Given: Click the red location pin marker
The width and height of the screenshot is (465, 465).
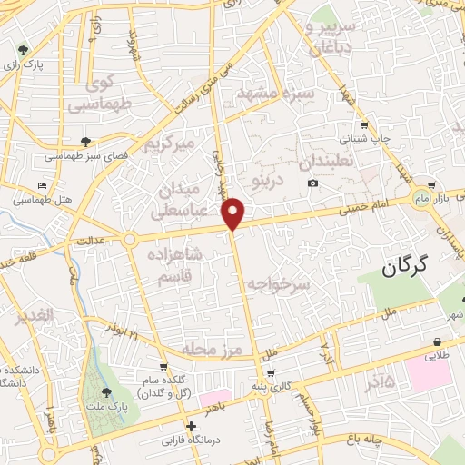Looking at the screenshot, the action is (234, 213).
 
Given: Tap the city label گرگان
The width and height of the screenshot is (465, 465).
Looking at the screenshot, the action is (404, 269).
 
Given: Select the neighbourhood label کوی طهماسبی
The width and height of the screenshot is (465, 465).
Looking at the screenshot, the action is (112, 94).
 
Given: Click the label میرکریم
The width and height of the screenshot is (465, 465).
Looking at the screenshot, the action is (170, 143).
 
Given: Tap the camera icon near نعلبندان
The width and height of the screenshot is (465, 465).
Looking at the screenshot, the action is (313, 183).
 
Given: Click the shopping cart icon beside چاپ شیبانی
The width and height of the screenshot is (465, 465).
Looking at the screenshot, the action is (363, 124).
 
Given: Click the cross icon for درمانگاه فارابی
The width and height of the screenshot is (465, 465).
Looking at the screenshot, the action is (190, 426).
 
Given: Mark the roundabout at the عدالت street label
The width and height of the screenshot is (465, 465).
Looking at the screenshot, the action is (131, 239).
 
